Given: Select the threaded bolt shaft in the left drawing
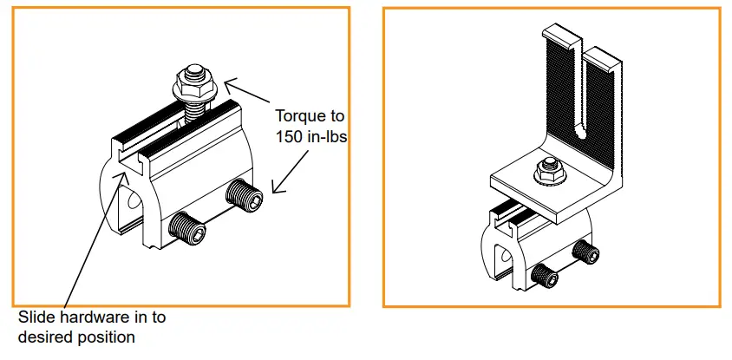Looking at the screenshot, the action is [194, 113].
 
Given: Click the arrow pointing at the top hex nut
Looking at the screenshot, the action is [247, 91].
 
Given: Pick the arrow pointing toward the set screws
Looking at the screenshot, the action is [291, 171].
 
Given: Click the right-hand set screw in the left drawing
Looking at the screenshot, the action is [245, 196].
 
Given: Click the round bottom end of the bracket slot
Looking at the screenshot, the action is [581, 134].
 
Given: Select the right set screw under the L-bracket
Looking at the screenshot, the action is [586, 252].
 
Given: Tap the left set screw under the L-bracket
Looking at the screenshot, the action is [545, 276].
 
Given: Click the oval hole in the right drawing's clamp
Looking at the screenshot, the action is [506, 256].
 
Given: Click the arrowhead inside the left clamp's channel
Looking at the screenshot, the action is [121, 175].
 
